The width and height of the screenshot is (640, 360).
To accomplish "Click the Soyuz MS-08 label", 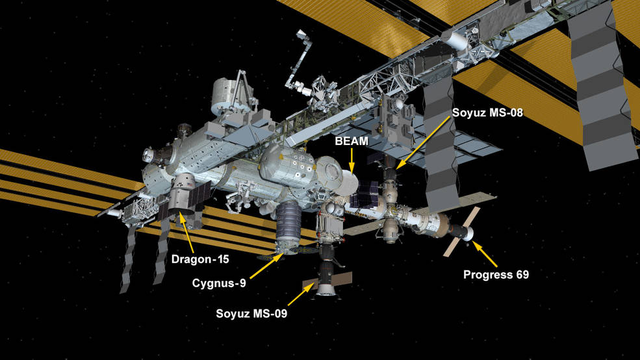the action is [487, 112].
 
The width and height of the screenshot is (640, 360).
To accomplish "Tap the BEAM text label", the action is [352, 141].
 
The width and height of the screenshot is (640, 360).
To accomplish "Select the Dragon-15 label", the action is [200, 259].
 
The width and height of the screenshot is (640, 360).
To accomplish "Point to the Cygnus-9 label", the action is [219, 283].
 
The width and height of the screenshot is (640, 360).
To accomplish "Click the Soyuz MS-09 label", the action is [251, 313].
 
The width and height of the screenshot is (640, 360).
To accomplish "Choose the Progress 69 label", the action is [496, 275].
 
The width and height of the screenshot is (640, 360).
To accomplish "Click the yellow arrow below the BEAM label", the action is [351, 160].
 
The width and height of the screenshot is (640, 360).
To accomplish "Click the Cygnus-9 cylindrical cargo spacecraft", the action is [288, 227].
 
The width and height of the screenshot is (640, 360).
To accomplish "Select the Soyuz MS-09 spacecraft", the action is [327, 276].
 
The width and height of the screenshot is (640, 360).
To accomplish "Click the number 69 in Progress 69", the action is [522, 275].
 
